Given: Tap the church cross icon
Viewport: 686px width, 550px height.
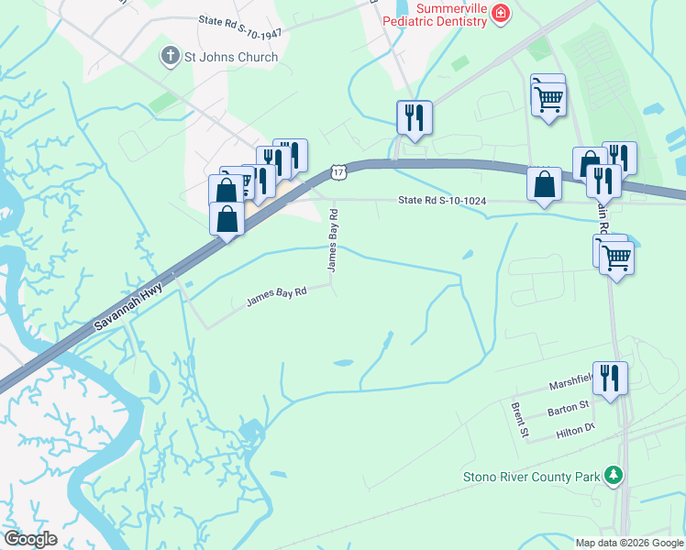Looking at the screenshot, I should coord(169,57).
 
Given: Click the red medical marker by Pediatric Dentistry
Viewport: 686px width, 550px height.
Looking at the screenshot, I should coord(500,13).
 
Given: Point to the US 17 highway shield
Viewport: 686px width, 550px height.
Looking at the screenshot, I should coord(338,171).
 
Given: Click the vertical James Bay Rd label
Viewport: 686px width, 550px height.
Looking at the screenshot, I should coord(334,239).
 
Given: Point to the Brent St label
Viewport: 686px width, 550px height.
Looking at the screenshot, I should coord(518,418).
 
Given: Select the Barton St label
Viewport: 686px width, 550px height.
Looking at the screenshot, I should coord(569,407).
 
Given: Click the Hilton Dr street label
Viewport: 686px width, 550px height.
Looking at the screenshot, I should coord(576,428).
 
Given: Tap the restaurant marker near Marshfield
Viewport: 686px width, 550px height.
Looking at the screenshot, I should coord(610,377).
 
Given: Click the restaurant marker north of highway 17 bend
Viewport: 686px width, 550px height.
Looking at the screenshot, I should coord(414,117).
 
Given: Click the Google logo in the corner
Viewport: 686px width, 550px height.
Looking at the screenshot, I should coord(30,539).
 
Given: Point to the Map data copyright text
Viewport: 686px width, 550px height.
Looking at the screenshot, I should coord(629,543).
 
